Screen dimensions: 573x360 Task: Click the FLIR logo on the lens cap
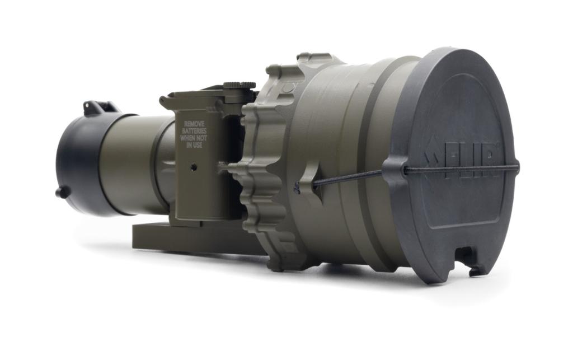pos(462,159)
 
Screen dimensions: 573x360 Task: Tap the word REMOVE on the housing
pos(194,124)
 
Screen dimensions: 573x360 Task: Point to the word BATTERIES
pos(194,131)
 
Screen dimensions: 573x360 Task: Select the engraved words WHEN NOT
pos(194,138)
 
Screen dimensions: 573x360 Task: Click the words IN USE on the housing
pos(194,145)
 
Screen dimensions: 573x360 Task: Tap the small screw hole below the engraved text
pos(194,167)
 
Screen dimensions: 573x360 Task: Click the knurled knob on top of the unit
pos(239,85)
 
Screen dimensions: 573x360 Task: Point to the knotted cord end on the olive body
pos(297,188)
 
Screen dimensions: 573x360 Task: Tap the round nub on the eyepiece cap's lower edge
pos(63,192)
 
